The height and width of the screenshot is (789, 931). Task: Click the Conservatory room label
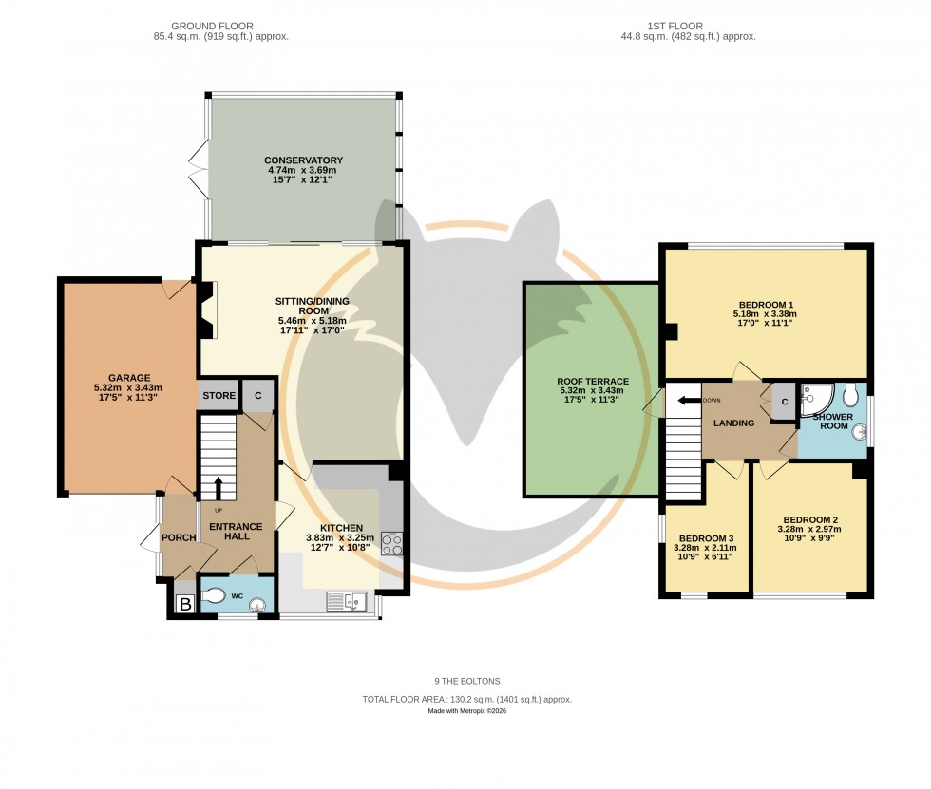point(304,160)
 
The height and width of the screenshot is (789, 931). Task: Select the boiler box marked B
point(184,604)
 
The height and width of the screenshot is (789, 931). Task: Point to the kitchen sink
point(345,600)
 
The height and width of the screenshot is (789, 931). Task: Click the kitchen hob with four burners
point(392,543)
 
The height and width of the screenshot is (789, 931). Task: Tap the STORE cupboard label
point(218,396)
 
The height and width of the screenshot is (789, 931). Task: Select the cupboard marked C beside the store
point(256,396)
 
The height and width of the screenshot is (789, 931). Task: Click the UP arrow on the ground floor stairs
point(218,488)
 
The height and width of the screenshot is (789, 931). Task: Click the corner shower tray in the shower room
point(815,400)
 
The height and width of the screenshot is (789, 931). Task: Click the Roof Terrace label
point(593,382)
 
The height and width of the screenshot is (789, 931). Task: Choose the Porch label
point(179,538)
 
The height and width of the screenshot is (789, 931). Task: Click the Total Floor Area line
point(466,699)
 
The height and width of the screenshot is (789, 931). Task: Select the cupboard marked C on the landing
point(784,401)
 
